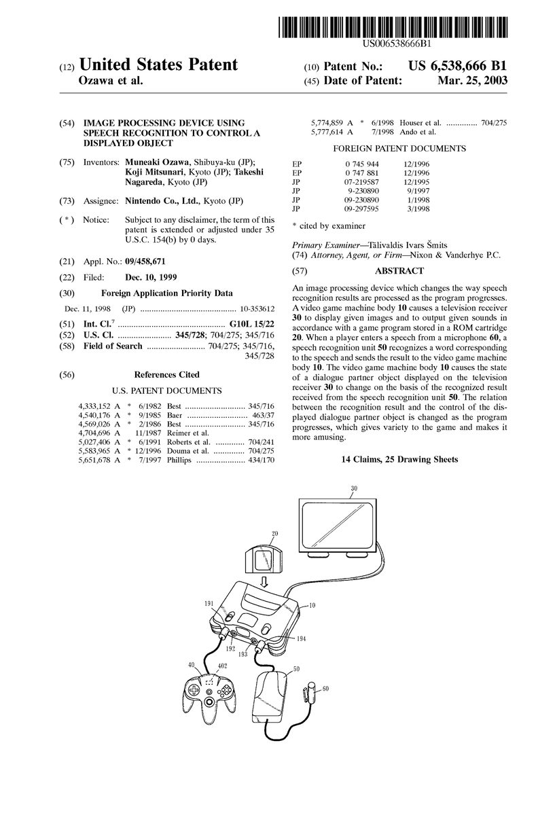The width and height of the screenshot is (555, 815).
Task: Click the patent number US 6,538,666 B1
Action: pos(457,67)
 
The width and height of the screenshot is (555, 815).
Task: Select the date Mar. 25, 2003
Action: pos(469,80)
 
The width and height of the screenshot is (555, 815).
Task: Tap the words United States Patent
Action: pos(158,65)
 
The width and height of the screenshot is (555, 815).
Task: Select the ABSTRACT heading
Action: pos(399,270)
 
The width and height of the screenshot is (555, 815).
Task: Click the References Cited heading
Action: pos(166,374)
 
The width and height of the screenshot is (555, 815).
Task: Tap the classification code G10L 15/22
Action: pos(252,325)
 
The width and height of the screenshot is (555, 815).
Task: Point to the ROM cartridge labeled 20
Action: pos(261,558)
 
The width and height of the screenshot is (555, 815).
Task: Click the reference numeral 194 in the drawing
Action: pos(301,638)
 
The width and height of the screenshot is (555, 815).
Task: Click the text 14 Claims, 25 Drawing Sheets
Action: pos(399,460)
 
